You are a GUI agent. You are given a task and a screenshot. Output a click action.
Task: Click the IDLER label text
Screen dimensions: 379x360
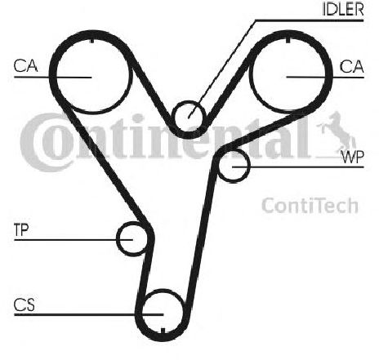click(x=343, y=9)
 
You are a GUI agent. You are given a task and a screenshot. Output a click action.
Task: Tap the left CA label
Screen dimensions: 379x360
click(x=25, y=66)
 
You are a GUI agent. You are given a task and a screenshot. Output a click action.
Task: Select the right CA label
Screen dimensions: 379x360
click(x=351, y=67)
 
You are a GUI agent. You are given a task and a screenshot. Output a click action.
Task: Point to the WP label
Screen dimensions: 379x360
click(x=353, y=157)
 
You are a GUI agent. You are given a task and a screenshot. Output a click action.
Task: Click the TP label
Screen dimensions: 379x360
click(x=21, y=230)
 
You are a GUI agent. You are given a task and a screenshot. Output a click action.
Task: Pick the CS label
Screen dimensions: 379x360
click(x=25, y=304)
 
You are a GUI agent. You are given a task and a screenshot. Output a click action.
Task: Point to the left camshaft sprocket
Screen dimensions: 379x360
click(x=91, y=113)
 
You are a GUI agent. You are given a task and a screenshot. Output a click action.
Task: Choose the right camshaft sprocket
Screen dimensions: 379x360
click(x=288, y=113)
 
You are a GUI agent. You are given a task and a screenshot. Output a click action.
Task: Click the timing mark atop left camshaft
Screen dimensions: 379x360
click(x=92, y=40)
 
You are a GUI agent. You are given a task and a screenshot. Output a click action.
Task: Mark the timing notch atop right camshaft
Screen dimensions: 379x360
click(x=288, y=40)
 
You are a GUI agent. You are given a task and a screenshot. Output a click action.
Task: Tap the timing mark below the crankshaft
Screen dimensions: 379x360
click(x=163, y=331)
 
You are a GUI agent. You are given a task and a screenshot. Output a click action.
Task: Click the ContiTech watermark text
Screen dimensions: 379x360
click(x=310, y=206)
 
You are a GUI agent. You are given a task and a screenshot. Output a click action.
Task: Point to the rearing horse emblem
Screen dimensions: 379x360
click(x=337, y=131)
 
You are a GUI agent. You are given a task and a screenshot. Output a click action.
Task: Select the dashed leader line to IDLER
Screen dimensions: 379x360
click(x=222, y=69)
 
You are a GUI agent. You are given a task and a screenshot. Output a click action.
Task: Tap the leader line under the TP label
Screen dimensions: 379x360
click(x=74, y=240)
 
